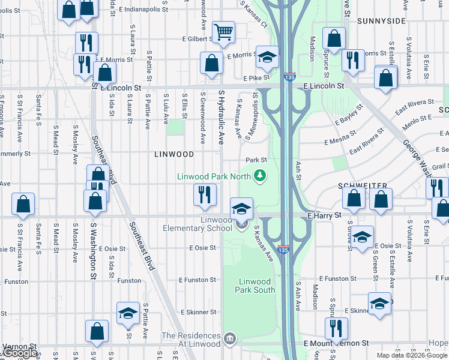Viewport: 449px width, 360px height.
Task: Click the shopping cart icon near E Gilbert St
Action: coord(223,32)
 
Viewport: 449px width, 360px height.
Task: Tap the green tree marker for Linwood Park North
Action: coord(260,176)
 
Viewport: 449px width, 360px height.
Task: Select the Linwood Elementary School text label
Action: coord(197,224)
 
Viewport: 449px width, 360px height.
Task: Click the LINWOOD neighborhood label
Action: coord(174,154)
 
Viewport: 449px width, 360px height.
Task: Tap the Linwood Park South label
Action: coord(256,286)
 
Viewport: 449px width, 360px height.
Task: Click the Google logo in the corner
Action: coord(19,353)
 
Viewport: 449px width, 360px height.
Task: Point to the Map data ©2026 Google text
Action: coord(411,355)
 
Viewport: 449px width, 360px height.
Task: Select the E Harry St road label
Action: coord(324,215)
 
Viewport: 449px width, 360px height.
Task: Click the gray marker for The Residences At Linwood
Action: coord(230,340)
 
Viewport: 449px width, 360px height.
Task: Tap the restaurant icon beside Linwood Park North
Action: coord(204,194)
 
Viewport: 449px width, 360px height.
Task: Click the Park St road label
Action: coord(256,160)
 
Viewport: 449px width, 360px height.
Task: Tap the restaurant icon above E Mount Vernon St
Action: coord(336,328)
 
